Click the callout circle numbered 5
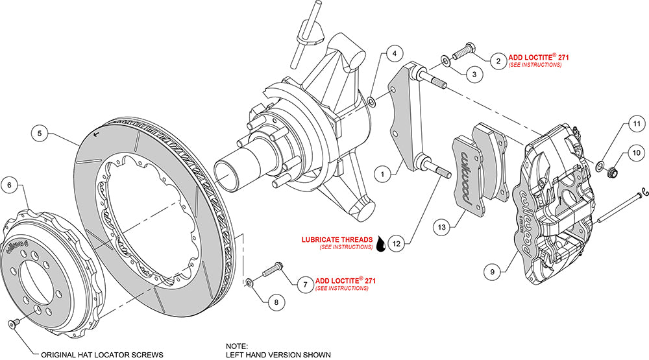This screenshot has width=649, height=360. (x=40, y=134)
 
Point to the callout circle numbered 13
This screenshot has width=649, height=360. (x=441, y=227)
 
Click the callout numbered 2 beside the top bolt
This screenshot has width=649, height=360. (x=498, y=62)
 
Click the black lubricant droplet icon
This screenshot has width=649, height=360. (x=380, y=245)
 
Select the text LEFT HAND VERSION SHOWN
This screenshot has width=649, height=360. (x=278, y=354)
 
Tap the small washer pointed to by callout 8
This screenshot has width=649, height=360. (x=250, y=282)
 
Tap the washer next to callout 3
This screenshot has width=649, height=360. (x=446, y=61)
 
